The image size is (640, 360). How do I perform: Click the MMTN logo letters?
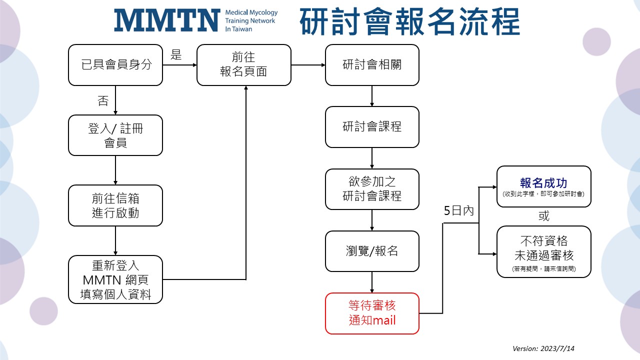pos(166,20)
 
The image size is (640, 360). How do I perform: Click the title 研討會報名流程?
pos(409,22)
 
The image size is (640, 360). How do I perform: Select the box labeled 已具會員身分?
pos(115,65)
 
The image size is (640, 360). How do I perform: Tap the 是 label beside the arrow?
pos(176,55)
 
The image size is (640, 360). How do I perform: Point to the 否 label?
pos(103,101)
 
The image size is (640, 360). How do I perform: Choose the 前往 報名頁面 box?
pos(243,65)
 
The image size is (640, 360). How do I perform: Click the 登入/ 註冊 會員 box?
pos(115,135)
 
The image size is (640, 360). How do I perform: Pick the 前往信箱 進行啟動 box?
pos(115,205)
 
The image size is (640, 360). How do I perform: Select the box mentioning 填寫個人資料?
pos(115,279)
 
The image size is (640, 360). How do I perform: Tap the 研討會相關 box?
pos(372,65)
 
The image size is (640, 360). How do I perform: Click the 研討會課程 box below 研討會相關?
pos(372,127)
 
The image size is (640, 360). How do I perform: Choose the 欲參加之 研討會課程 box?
pos(372,189)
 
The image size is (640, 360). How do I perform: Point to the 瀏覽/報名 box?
pos(372,251)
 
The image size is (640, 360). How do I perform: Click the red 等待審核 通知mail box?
pos(372,313)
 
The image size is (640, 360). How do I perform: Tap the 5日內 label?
pos(458,211)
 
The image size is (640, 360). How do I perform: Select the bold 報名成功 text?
pos(543,183)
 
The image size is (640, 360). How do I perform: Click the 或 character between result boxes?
pos(544,216)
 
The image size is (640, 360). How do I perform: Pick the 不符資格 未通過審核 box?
pos(544,251)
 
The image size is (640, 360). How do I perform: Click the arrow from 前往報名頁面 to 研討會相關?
pos(308,65)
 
